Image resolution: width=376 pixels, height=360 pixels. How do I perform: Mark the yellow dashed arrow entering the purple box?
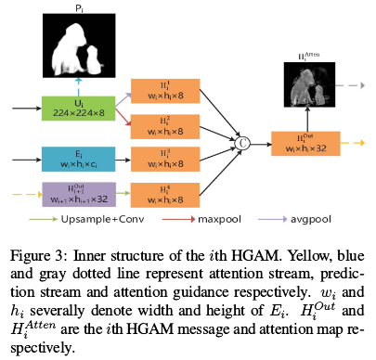click(x=23, y=194)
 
